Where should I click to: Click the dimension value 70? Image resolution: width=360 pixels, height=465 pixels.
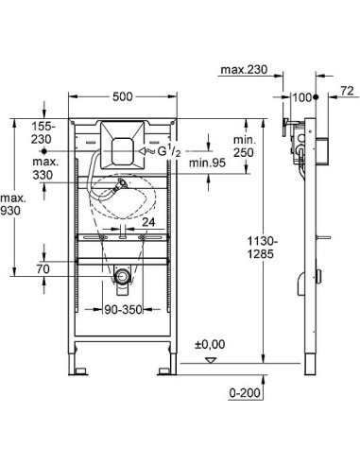point(43,269)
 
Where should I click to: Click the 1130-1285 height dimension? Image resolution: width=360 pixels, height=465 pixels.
point(245,247)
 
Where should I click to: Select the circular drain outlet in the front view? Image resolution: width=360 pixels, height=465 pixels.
point(121,276)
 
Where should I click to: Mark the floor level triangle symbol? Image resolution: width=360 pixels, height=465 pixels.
point(211,360)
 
